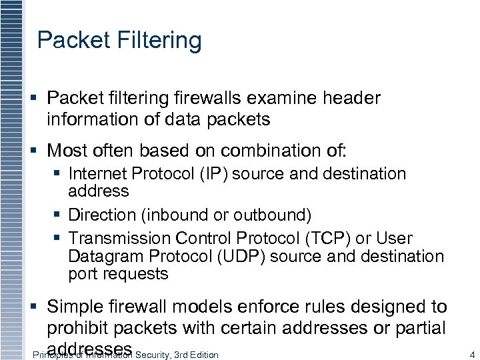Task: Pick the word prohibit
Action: point(78,328)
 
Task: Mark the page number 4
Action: point(471,355)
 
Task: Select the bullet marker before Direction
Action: point(59,215)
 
